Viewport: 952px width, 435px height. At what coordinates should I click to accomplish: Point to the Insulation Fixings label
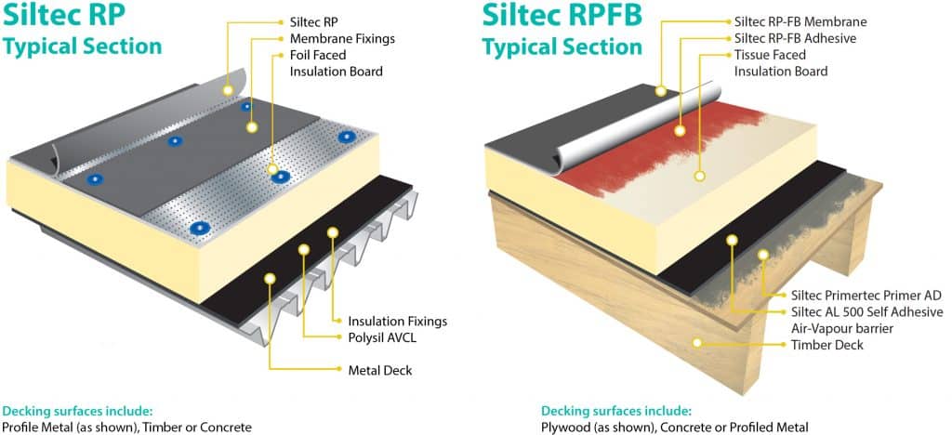tap(397, 321)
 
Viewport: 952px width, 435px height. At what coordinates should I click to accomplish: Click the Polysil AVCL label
tap(381, 337)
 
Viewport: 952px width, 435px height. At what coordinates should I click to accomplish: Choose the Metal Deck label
tap(379, 370)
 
